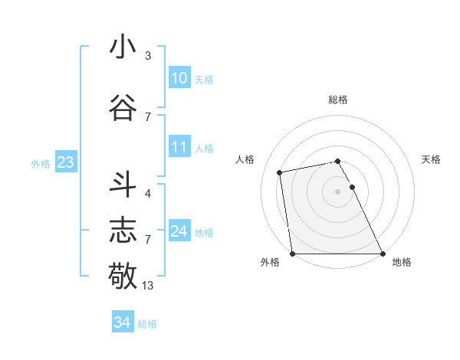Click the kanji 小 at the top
(123, 47)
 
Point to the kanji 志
(123, 229)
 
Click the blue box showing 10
(179, 78)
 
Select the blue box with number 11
(179, 147)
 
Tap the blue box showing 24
(179, 231)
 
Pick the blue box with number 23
(65, 162)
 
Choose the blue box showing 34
(122, 322)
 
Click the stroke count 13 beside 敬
(148, 286)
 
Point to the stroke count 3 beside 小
(148, 56)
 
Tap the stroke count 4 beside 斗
(148, 194)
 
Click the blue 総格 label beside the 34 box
(147, 324)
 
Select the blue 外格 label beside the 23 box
(41, 164)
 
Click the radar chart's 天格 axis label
(431, 159)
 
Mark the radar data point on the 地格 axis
(382, 254)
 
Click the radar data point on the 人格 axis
(281, 172)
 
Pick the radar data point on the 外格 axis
(292, 254)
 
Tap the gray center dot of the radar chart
(337, 191)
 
